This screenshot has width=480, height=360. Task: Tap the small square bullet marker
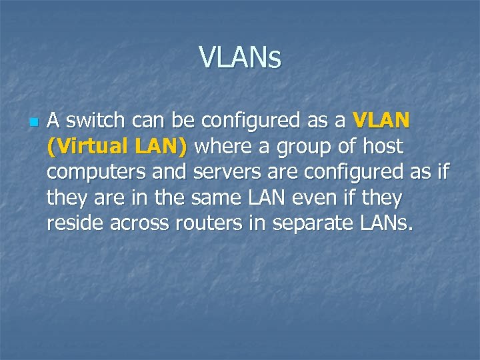click(x=32, y=122)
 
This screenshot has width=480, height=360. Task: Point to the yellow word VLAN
click(x=382, y=121)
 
